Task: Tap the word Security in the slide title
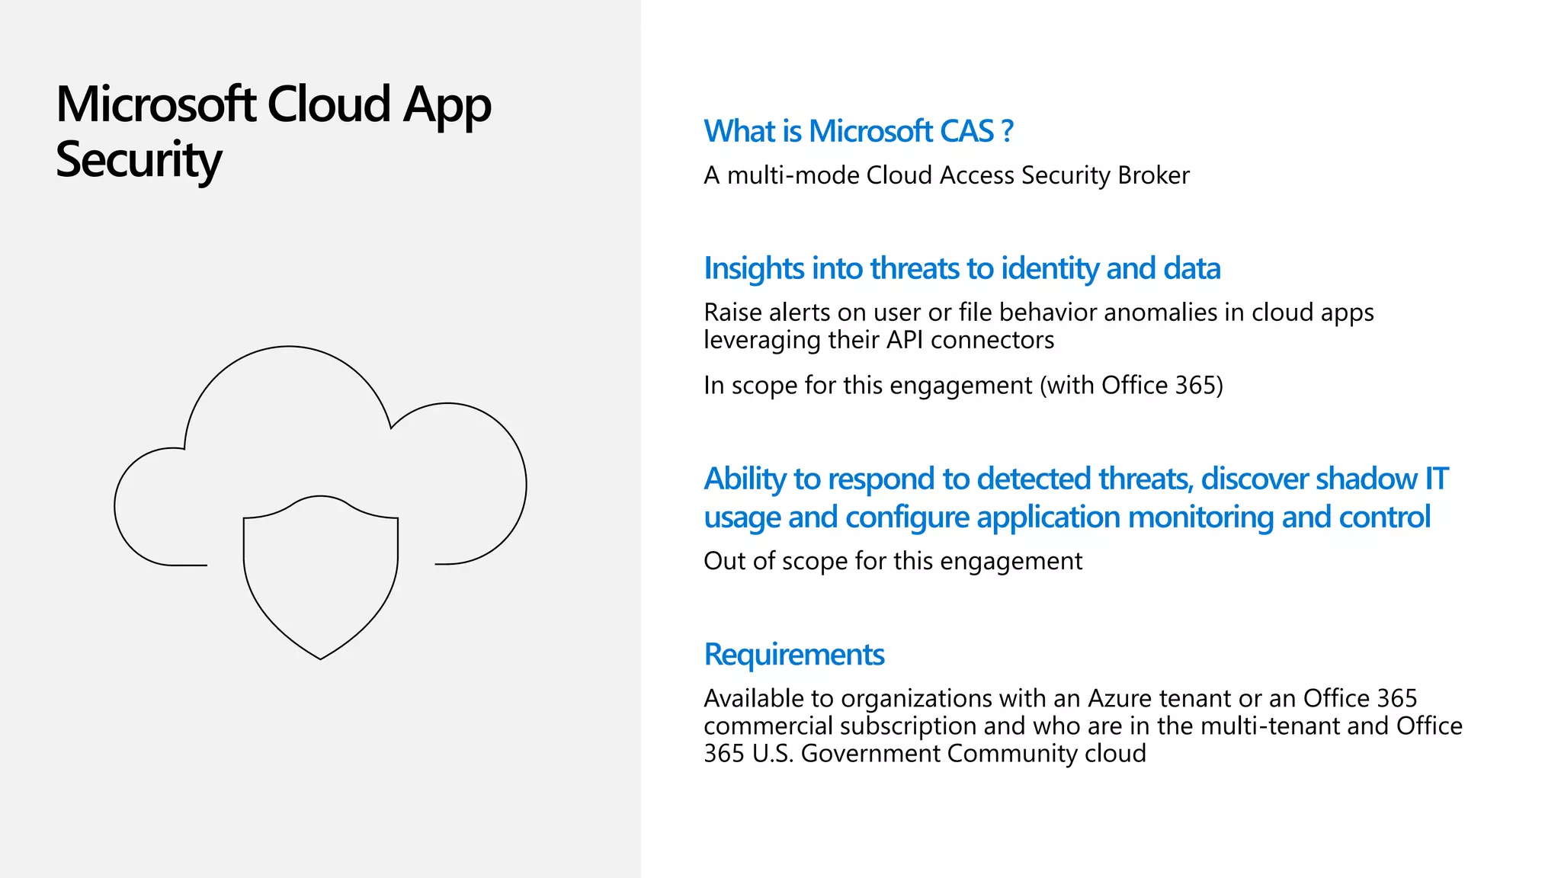(x=139, y=160)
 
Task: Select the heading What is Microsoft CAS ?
(x=858, y=131)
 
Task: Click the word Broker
(x=1153, y=175)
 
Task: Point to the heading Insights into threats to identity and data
(x=962, y=268)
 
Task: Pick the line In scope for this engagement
(x=963, y=386)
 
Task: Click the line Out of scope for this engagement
(x=893, y=561)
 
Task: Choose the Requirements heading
(x=794, y=654)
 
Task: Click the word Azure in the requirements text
(x=1120, y=698)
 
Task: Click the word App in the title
(x=447, y=104)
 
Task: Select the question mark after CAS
(x=1008, y=131)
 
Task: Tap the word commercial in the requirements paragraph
(x=768, y=726)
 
